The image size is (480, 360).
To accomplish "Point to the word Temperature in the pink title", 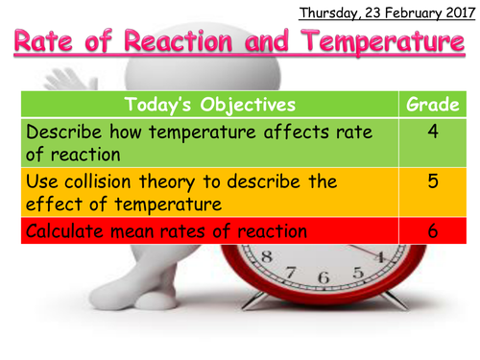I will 378,43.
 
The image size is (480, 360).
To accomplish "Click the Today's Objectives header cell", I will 208,104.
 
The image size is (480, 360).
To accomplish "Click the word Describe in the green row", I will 66,132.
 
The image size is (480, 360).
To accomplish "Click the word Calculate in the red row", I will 67,230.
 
